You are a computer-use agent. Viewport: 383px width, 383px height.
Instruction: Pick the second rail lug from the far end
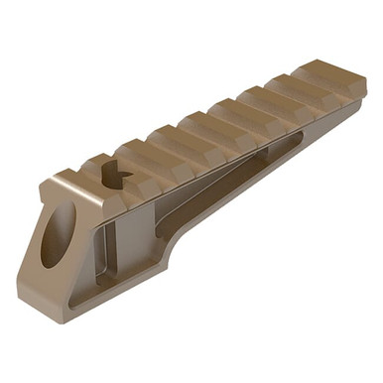(283, 94)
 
